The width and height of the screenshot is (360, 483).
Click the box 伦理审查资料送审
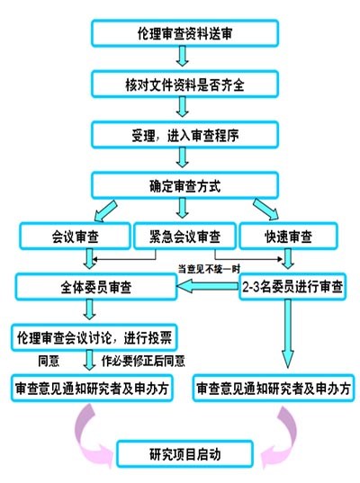click(184, 33)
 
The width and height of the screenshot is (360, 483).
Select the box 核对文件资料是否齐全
click(184, 84)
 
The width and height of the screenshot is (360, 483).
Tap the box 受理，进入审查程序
click(184, 135)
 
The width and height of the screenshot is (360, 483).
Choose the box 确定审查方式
click(184, 185)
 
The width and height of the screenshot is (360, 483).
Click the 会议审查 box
click(75, 237)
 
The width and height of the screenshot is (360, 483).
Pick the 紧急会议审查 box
click(184, 237)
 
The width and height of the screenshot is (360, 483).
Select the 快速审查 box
click(288, 237)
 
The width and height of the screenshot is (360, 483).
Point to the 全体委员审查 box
click(96, 287)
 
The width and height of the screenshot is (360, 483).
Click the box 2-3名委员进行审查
click(292, 287)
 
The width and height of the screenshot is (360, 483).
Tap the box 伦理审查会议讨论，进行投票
click(94, 337)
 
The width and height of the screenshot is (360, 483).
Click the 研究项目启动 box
click(184, 454)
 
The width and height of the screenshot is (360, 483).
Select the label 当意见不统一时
click(209, 269)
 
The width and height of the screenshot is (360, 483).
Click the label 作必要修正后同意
click(143, 361)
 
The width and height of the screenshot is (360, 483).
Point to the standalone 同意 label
click(49, 361)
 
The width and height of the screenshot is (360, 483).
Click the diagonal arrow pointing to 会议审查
click(105, 211)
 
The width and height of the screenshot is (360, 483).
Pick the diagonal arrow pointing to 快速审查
click(265, 210)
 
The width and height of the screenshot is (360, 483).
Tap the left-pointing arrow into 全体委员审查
click(207, 287)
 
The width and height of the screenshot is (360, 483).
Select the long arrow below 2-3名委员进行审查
click(288, 334)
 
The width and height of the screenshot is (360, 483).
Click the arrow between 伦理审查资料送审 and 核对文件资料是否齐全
click(182, 56)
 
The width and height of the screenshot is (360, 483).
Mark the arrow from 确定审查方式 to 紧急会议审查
click(183, 208)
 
